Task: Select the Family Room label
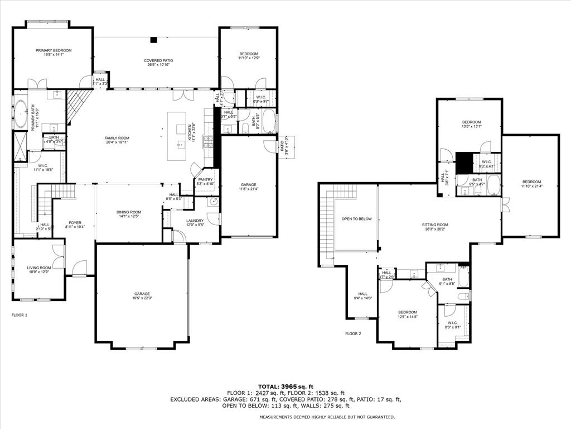(117, 140)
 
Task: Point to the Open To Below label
(356, 219)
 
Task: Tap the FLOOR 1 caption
(20, 315)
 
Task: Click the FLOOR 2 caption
(353, 333)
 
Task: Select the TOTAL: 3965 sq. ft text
(285, 387)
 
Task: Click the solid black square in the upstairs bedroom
(464, 163)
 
